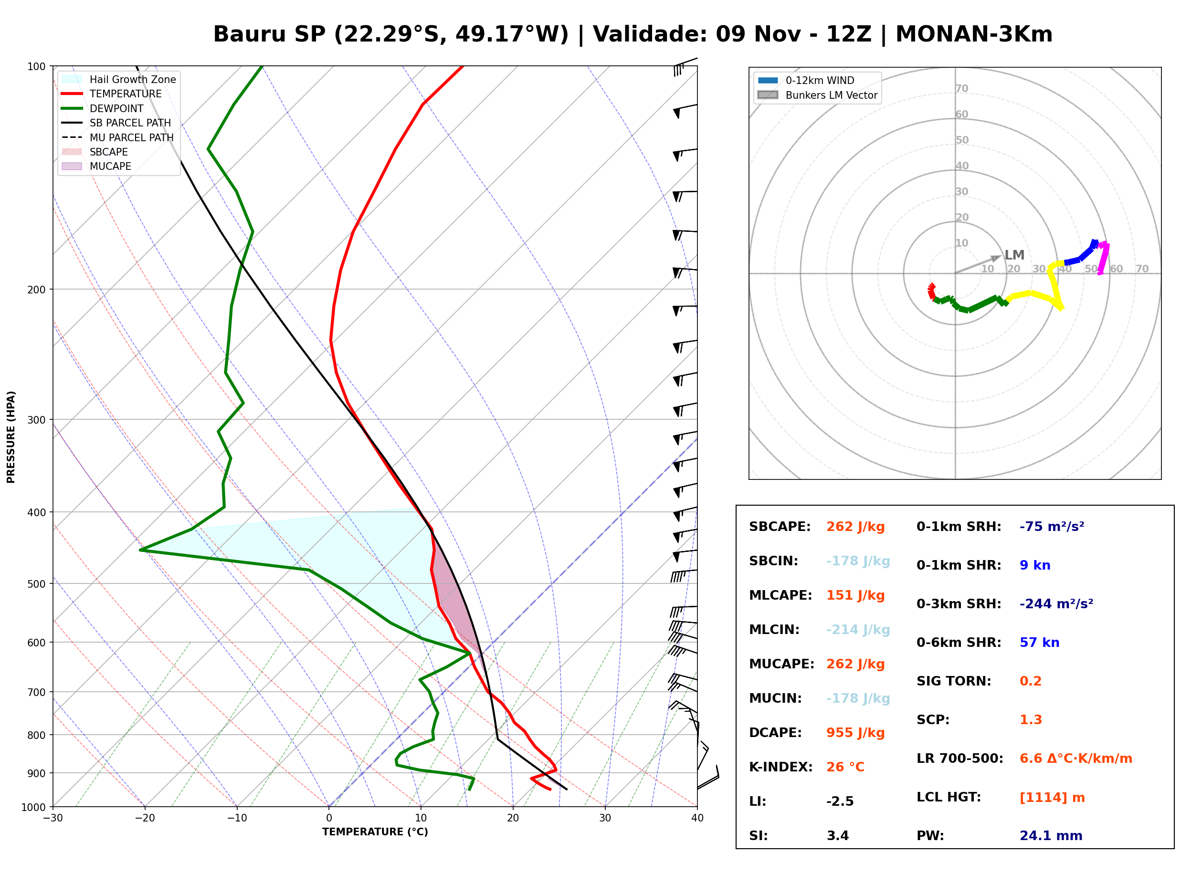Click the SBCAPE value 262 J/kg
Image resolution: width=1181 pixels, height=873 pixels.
pyautogui.click(x=855, y=527)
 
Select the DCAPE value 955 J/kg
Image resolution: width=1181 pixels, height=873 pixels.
pyautogui.click(x=855, y=733)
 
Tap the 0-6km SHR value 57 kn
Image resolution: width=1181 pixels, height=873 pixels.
pyautogui.click(x=1039, y=643)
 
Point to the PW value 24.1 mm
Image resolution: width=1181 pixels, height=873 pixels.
pyautogui.click(x=1051, y=836)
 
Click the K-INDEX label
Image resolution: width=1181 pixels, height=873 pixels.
pyautogui.click(x=781, y=767)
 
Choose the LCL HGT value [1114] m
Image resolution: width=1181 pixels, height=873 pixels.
pyautogui.click(x=1052, y=798)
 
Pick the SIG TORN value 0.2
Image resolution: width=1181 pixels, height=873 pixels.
pyautogui.click(x=1030, y=681)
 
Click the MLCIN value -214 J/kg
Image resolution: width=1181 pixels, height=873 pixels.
pyautogui.click(x=858, y=630)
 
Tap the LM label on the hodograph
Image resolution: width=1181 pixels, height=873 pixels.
pyautogui.click(x=1014, y=255)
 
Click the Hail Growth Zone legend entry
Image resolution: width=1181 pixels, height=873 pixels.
pyautogui.click(x=118, y=79)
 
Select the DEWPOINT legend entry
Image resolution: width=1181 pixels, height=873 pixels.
pyautogui.click(x=103, y=108)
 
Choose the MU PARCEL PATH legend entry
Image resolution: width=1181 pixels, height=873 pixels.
pyautogui.click(x=118, y=137)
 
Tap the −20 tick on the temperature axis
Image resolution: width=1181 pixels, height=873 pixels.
pyautogui.click(x=144, y=818)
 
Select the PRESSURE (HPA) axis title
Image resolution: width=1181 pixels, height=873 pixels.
pyautogui.click(x=11, y=437)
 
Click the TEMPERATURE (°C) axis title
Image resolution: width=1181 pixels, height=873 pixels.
pyautogui.click(x=375, y=832)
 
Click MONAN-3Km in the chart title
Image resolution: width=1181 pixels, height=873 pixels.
pyautogui.click(x=974, y=34)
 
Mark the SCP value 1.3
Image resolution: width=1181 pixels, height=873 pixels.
pyautogui.click(x=1030, y=720)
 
